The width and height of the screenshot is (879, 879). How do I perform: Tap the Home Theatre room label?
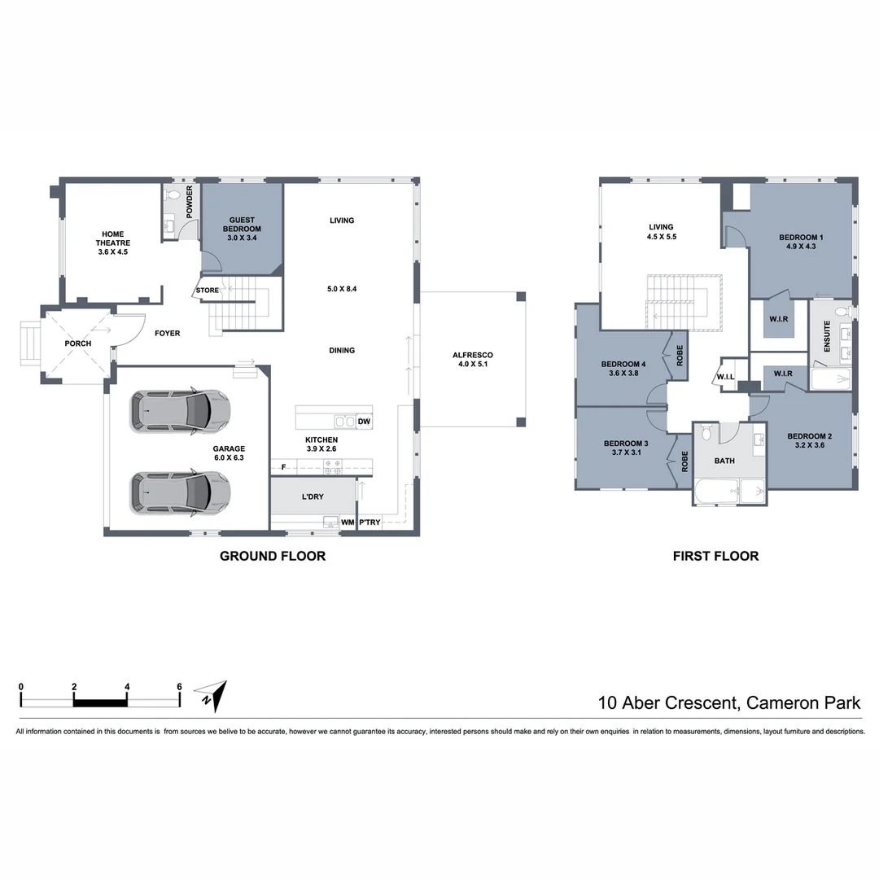coord(112,243)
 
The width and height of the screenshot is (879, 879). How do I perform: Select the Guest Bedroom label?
coord(242,229)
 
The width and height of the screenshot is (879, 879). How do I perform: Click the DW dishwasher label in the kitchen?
coord(364,422)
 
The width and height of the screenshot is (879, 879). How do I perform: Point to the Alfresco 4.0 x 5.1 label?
coord(473,360)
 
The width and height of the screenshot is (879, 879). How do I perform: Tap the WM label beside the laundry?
coord(348,523)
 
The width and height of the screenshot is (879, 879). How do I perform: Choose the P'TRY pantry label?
coord(370,523)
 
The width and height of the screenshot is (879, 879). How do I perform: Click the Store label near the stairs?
coord(208,291)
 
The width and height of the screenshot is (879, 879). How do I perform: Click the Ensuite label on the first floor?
coord(827,336)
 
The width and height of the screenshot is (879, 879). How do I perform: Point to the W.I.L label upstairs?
coord(725,377)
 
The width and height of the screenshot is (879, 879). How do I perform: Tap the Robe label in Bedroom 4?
coord(680,356)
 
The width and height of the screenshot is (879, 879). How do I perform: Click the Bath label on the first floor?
coord(724,461)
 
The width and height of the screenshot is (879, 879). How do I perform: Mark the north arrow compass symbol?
coord(212,696)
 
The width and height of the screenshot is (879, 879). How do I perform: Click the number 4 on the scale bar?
coord(127,687)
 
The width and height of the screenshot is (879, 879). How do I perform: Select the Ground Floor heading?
coord(273,556)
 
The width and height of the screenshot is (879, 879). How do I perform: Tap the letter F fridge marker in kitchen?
coord(284,467)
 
